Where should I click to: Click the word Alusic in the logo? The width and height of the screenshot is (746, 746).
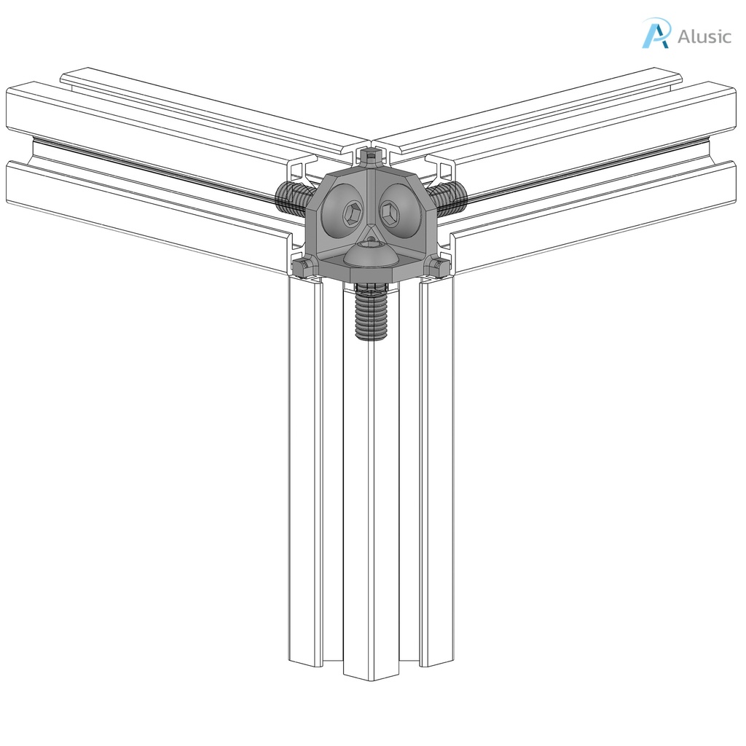pos(704,36)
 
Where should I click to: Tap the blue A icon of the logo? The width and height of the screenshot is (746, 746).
pos(655,34)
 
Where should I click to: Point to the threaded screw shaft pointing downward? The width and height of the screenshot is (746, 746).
pos(371,313)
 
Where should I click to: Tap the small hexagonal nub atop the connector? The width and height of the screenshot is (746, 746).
pos(372,155)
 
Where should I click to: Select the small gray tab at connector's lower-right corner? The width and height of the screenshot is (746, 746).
pos(439,268)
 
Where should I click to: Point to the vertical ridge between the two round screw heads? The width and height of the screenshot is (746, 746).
pos(372,197)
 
